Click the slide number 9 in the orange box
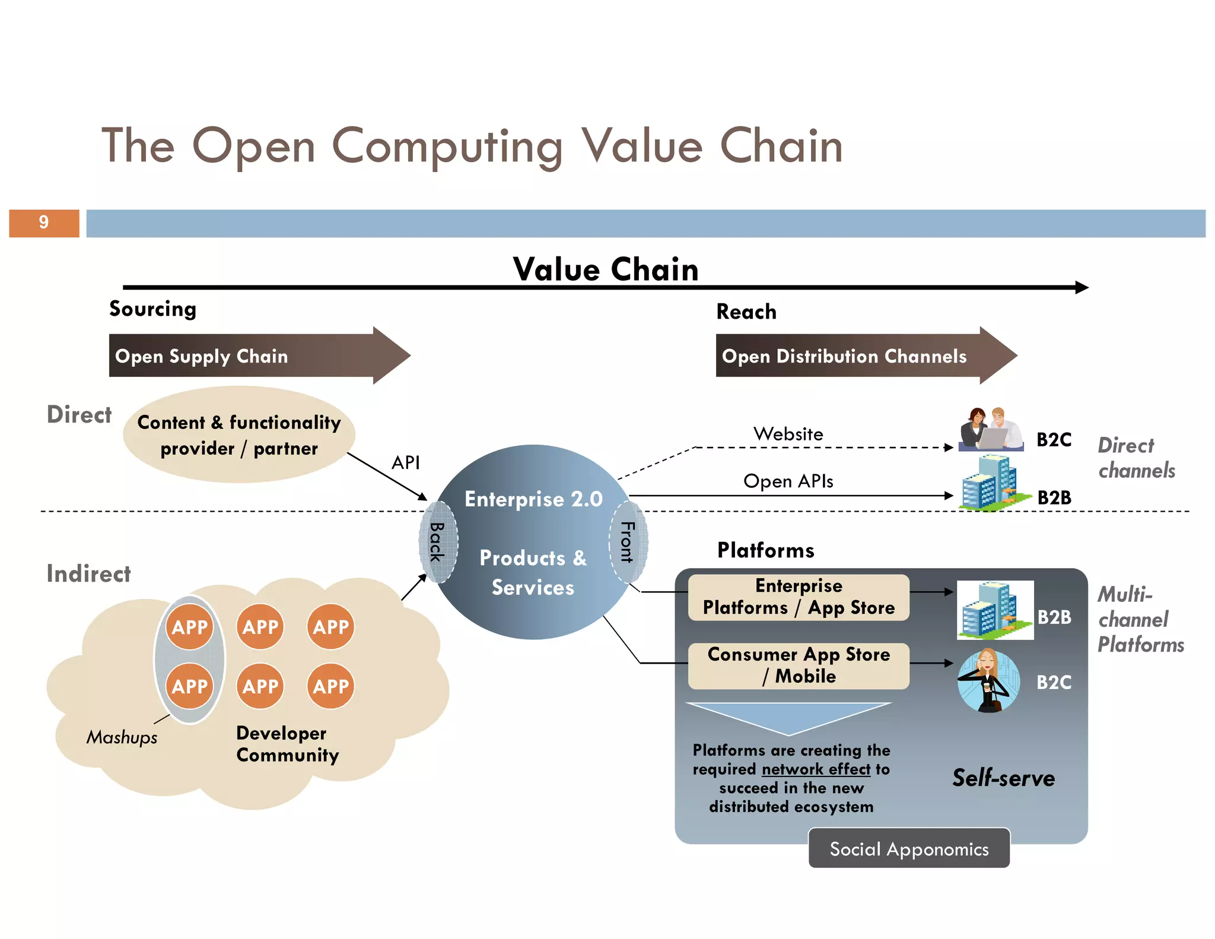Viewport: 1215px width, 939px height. coord(44,223)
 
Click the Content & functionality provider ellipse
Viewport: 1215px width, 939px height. coord(239,435)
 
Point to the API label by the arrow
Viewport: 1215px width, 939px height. coord(406,462)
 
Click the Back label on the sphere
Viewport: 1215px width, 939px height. coord(437,542)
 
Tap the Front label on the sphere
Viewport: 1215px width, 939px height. coord(627,542)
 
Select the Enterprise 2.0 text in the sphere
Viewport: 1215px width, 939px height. coord(533,499)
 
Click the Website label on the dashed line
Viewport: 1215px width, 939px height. coord(788,434)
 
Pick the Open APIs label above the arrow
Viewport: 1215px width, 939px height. coord(788,481)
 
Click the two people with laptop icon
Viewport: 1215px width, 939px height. coord(990,429)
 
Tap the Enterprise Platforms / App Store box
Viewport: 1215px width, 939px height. coord(799,597)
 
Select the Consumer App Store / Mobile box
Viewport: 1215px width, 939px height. coord(799,665)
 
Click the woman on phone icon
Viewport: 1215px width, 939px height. coord(988,681)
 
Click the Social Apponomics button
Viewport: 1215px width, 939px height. coord(909,849)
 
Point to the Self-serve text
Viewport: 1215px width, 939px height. coord(1003,778)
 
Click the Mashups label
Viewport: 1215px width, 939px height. coord(122,737)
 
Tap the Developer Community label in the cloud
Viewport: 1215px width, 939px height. coord(287,744)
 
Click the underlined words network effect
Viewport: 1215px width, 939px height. coord(816,769)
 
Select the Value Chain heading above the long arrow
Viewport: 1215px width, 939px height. coord(606,269)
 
